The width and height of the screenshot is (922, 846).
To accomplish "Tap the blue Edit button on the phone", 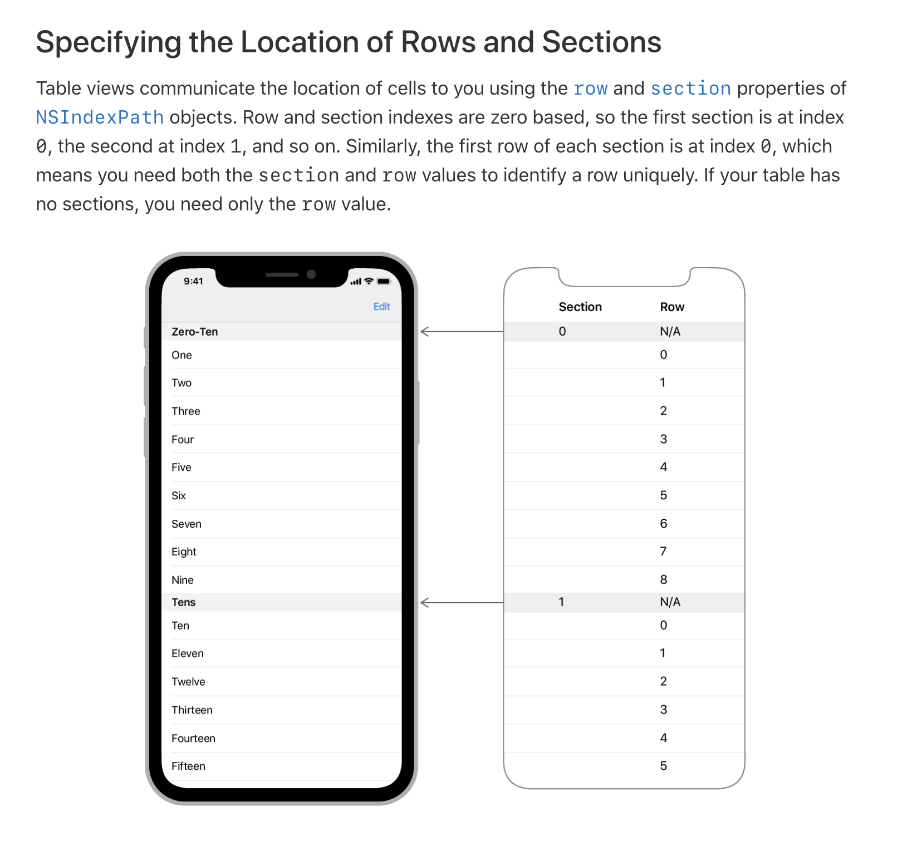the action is tap(381, 307).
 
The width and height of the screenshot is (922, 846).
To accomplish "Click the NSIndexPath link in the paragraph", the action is tap(100, 117).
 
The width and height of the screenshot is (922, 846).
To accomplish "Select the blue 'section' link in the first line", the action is tap(690, 88).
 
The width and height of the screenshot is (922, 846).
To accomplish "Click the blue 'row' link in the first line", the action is tap(590, 88).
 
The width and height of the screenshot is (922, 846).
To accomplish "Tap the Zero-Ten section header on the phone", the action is tap(195, 332).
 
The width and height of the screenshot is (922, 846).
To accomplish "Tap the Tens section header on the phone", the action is tap(184, 602).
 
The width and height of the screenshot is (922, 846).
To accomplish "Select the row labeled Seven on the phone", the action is tap(187, 524).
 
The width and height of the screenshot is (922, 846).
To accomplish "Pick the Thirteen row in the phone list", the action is tap(192, 710).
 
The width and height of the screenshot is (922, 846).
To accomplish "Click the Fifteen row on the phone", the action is tap(188, 766).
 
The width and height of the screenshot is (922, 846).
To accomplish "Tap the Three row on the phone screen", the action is tap(186, 411).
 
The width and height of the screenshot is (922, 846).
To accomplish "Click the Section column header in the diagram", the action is tap(580, 307).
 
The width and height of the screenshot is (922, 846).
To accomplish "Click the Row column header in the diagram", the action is tap(672, 307).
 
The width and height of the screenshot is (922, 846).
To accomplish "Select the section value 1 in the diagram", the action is tap(562, 602).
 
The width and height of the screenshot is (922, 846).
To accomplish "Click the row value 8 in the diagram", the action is tap(664, 580).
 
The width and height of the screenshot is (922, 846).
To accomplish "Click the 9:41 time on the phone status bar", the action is tap(194, 281).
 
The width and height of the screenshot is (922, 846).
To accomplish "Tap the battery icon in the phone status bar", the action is tap(384, 281).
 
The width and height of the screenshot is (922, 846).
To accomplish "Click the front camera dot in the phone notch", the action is tap(311, 274).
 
